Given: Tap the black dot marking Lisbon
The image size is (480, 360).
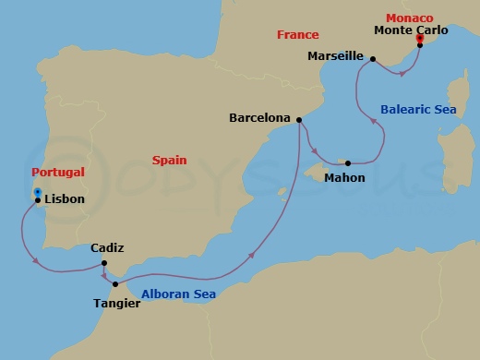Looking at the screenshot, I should tap(37, 199).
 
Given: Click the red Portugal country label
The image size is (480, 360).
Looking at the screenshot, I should tap(57, 172).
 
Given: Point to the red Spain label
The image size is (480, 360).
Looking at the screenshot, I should tap(169, 160).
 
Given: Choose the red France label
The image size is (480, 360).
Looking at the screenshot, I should tap(298, 35).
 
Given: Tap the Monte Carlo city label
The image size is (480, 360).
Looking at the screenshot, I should tap(411, 30).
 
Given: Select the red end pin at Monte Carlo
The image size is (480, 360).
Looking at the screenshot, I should tap(420, 39).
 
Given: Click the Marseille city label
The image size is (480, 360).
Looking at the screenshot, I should tap(334, 55).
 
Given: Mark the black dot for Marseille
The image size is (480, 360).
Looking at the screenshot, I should tap(372, 60).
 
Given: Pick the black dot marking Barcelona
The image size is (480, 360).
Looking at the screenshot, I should tap(300, 118).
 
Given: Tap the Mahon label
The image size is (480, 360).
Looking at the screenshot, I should tap(344, 177).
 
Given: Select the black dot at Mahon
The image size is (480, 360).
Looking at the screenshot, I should tap(348, 163).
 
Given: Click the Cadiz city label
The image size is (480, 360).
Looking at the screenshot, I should tap(107, 248).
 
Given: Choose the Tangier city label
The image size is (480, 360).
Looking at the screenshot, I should tap(117, 303).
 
